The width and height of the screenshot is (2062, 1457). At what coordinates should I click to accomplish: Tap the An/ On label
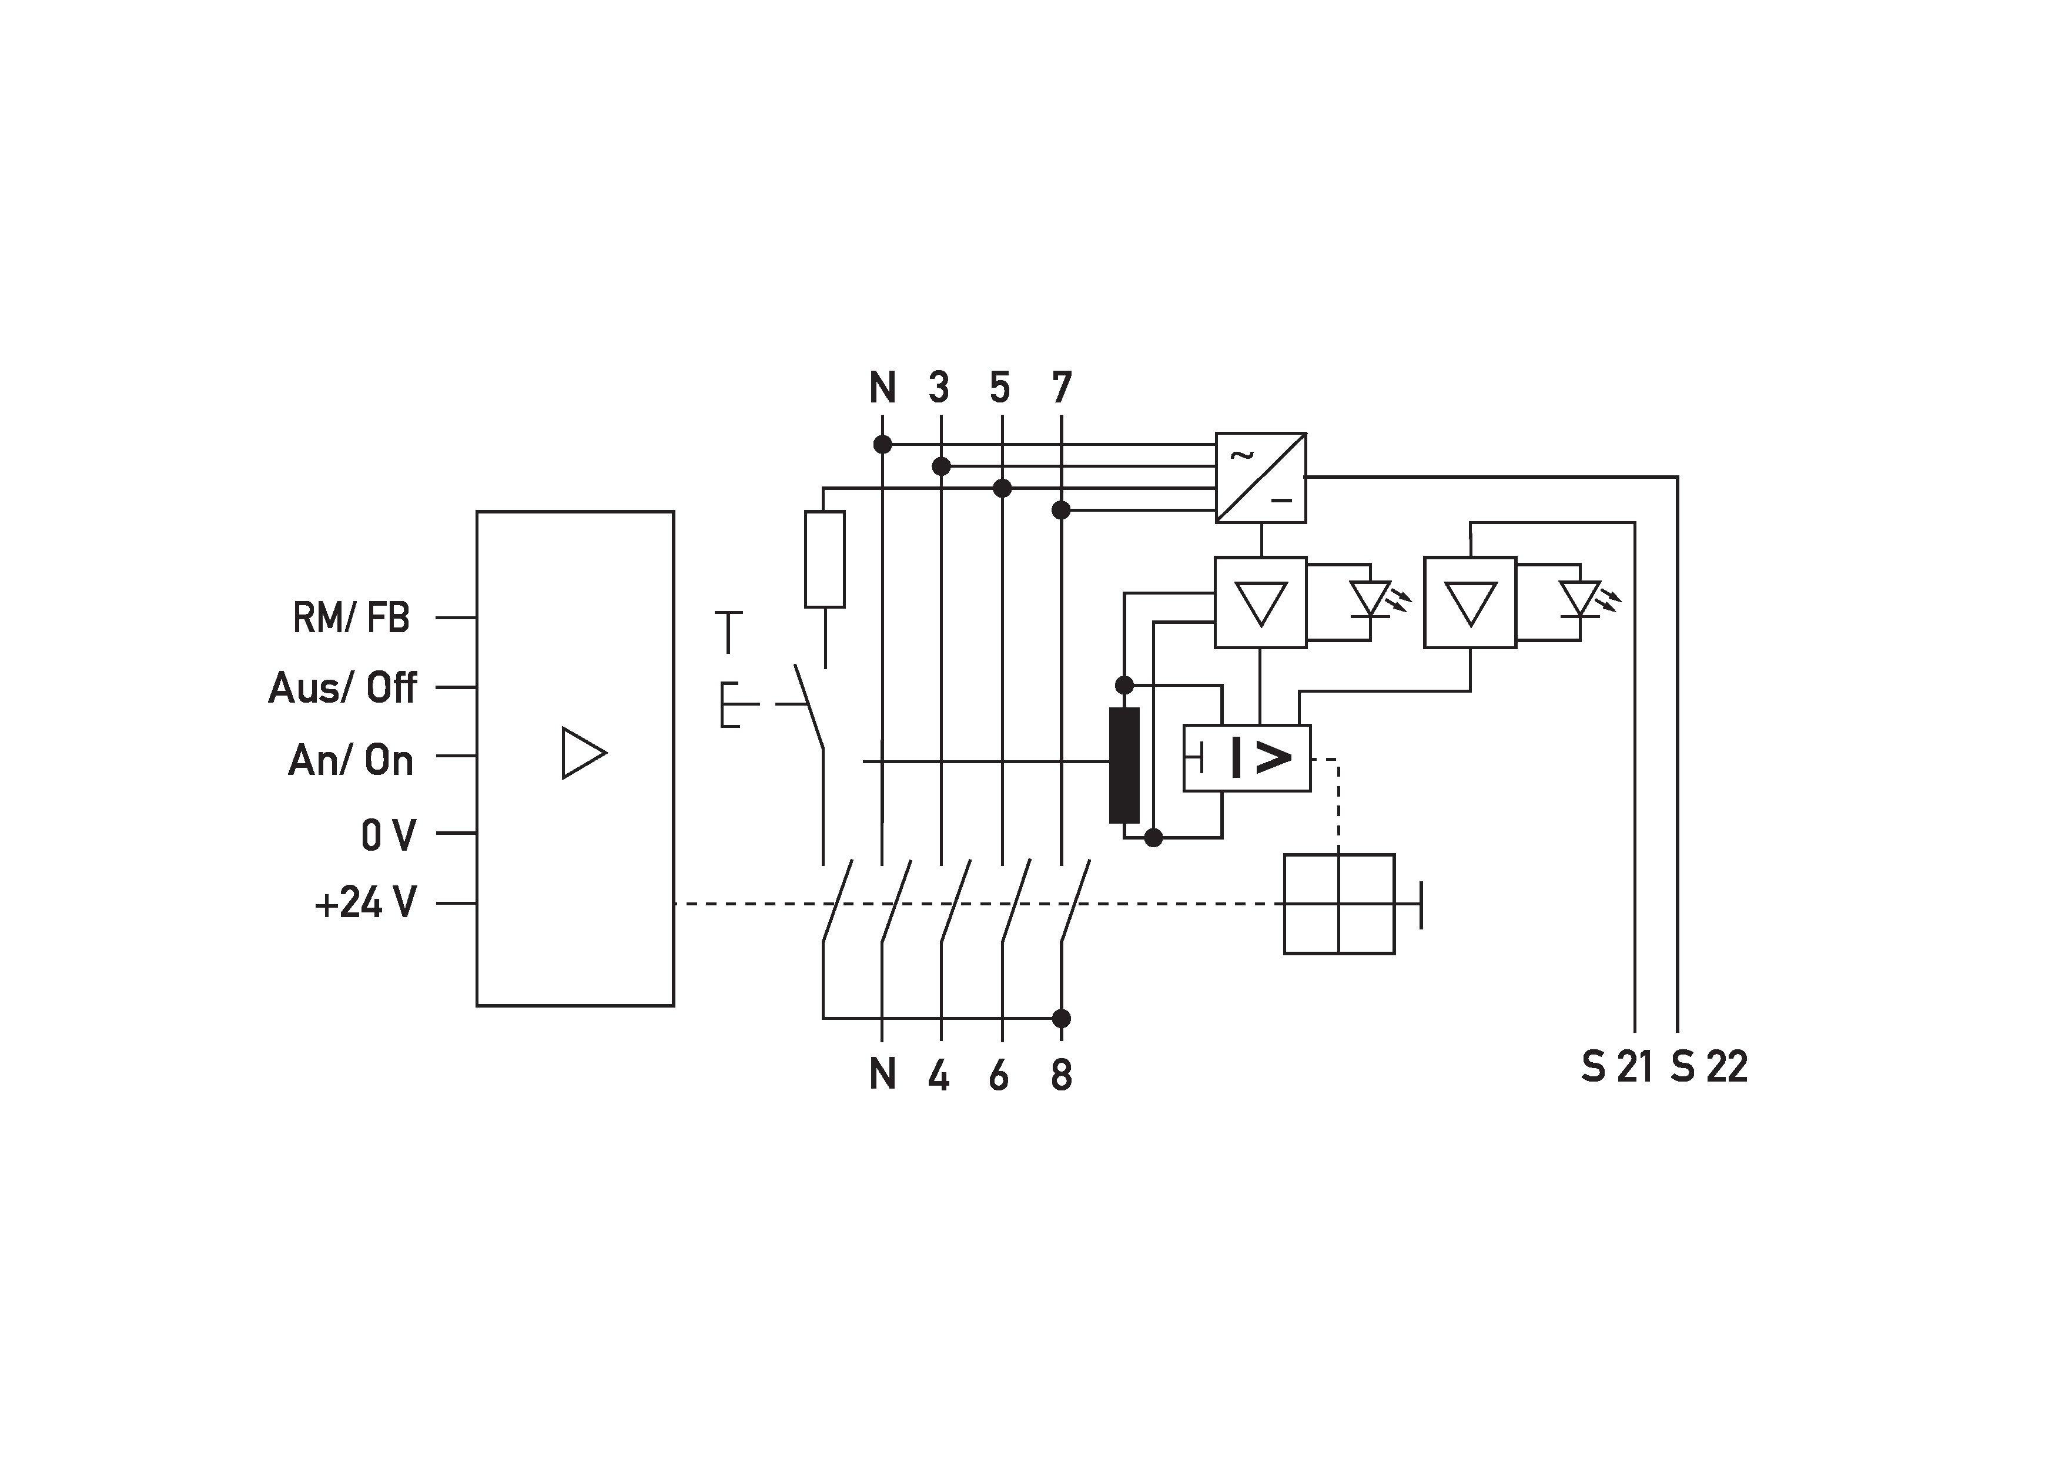coord(351,760)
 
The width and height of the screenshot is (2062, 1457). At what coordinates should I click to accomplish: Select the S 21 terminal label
coord(1616,1066)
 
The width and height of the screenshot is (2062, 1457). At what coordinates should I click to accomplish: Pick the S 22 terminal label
coord(1709,1066)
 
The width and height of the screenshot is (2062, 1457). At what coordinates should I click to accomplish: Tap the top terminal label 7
coord(1062,388)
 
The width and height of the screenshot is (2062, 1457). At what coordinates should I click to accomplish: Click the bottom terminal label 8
coord(1062,1075)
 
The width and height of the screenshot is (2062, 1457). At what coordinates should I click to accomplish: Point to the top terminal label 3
coord(939,388)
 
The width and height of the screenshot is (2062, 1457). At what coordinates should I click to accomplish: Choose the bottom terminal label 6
coord(999,1075)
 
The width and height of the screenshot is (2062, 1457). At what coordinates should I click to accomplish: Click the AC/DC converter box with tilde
coord(1261,478)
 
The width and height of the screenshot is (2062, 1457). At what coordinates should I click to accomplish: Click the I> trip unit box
coord(1247,758)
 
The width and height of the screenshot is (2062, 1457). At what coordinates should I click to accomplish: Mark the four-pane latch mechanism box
coord(1339,904)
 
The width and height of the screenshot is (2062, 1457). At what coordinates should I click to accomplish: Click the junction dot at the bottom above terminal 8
coord(1062,1019)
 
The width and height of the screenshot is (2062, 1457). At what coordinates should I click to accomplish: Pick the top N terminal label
coord(883,388)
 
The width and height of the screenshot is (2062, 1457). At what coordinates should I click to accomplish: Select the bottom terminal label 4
coord(939,1075)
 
